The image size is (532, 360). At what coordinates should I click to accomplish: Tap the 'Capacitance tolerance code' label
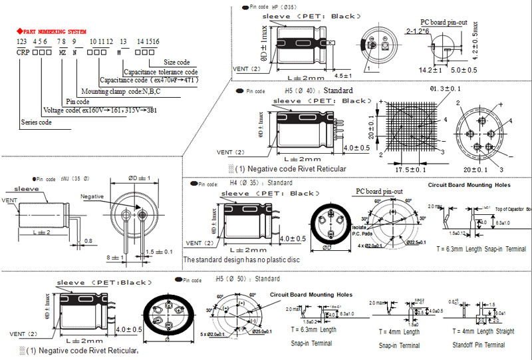pos(161,72)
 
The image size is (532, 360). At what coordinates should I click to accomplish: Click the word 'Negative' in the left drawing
pos(93,196)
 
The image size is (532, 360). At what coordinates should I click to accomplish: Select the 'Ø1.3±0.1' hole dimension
pos(446,88)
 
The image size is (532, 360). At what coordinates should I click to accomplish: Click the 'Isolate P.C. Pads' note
pos(361,230)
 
